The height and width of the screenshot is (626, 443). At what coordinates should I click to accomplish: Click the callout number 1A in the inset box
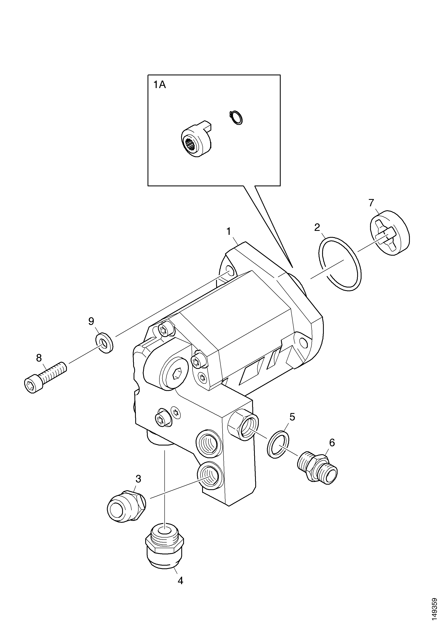point(160,85)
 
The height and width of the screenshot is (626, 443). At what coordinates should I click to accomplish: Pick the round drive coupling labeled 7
point(390,233)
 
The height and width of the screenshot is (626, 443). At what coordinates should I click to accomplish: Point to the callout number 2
point(317,227)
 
